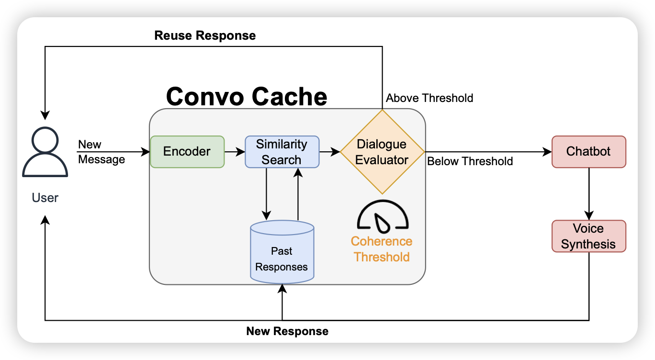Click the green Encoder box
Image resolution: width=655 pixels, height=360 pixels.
(x=187, y=152)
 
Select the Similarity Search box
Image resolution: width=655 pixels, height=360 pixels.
(x=282, y=152)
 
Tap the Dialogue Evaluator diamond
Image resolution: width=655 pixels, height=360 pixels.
(x=382, y=152)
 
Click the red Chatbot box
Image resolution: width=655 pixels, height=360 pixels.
(x=588, y=152)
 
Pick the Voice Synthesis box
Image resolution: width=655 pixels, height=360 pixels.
(x=588, y=236)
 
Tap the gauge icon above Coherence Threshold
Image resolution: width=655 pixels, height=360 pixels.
(x=383, y=215)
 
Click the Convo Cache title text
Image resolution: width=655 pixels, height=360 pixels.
(x=247, y=97)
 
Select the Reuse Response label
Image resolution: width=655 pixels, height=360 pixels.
(x=205, y=36)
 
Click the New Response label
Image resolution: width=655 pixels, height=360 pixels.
(x=287, y=331)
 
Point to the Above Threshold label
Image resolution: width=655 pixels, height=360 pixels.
(x=429, y=98)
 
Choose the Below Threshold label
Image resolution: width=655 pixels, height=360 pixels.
(x=470, y=161)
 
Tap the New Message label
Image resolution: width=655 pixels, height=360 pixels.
(x=101, y=152)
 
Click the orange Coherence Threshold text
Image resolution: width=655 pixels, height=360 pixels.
(x=382, y=249)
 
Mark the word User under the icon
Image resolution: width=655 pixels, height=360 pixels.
(x=45, y=198)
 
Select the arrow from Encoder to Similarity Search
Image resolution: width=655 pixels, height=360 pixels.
(x=235, y=152)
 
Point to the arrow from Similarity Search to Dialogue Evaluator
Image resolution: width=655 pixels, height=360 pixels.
(x=329, y=152)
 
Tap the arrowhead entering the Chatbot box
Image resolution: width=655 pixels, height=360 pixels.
(x=548, y=152)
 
